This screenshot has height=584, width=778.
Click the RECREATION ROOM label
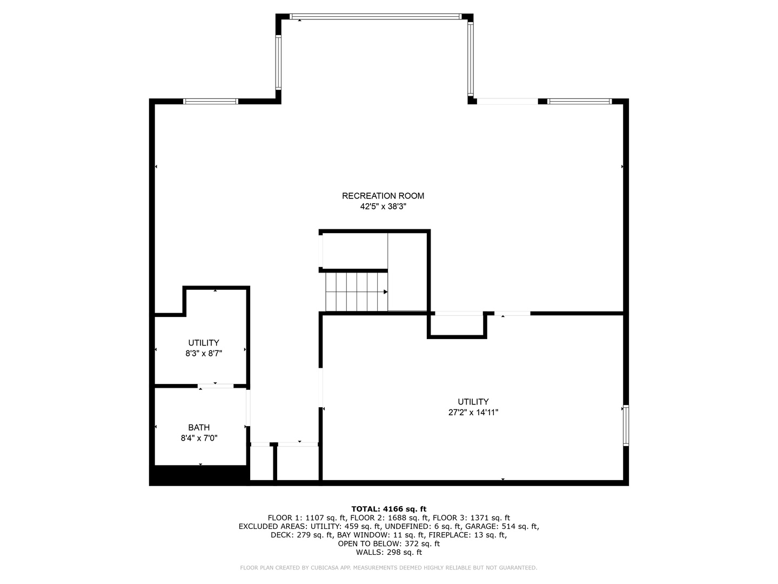(x=383, y=196)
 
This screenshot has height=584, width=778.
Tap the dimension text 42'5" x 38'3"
(x=383, y=207)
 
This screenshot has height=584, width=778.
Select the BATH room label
(x=199, y=427)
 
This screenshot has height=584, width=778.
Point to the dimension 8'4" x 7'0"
(x=199, y=438)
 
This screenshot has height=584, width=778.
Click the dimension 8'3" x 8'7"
(x=204, y=353)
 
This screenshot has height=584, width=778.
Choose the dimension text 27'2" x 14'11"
(x=473, y=412)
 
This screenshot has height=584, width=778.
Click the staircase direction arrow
(x=385, y=292)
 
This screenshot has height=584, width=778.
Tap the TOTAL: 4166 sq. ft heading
(x=389, y=509)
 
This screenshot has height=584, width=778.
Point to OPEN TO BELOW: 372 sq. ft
(x=389, y=543)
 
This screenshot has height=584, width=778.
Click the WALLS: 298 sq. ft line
(x=389, y=552)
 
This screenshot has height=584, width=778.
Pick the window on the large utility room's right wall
(x=626, y=425)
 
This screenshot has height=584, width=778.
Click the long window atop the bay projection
(x=375, y=16)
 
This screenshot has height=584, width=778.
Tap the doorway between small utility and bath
(x=216, y=386)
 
